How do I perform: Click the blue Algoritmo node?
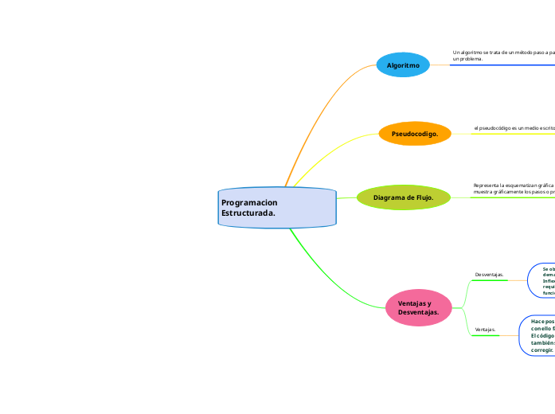click(x=403, y=65)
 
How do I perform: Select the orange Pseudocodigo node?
click(x=415, y=134)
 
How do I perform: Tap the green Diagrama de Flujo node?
click(x=404, y=197)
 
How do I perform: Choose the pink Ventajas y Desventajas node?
click(x=418, y=307)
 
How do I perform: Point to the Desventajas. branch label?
click(x=489, y=274)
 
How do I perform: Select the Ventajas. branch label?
click(x=486, y=329)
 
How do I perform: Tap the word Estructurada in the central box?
click(x=248, y=213)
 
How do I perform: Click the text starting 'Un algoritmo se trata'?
click(x=502, y=55)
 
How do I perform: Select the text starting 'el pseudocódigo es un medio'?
click(x=514, y=127)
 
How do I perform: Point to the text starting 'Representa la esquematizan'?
click(x=514, y=188)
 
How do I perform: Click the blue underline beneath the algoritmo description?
click(x=502, y=65)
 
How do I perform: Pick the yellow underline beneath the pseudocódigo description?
click(x=514, y=134)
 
